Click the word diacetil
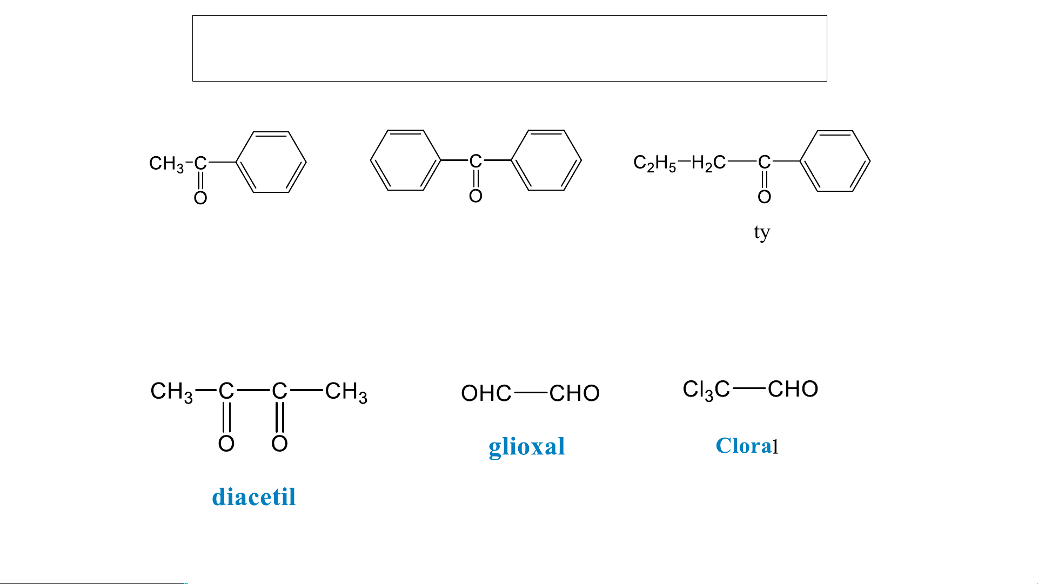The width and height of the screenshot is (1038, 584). (253, 497)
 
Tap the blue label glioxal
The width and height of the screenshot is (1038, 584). (526, 447)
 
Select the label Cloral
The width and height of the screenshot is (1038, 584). (746, 446)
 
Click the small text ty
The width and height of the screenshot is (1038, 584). (761, 232)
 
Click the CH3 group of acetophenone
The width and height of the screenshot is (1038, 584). (166, 163)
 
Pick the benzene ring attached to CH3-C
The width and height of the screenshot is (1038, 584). (271, 162)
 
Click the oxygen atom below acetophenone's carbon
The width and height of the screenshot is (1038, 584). (200, 198)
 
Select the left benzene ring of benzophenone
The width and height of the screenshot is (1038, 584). (405, 160)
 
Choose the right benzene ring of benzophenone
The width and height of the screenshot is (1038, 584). (546, 160)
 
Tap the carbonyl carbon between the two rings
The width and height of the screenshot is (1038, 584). (476, 160)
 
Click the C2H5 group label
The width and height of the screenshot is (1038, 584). (654, 163)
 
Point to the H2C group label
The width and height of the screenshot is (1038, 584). (708, 163)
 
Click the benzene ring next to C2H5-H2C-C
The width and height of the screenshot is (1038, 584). (835, 161)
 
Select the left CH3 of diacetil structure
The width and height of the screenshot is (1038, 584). (171, 391)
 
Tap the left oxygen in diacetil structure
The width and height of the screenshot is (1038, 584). (226, 444)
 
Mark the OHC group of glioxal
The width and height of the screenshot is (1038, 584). (486, 393)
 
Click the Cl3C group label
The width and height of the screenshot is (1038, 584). (706, 390)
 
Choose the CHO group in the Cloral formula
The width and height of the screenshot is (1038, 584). (793, 389)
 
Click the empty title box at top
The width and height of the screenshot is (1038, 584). (510, 49)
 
